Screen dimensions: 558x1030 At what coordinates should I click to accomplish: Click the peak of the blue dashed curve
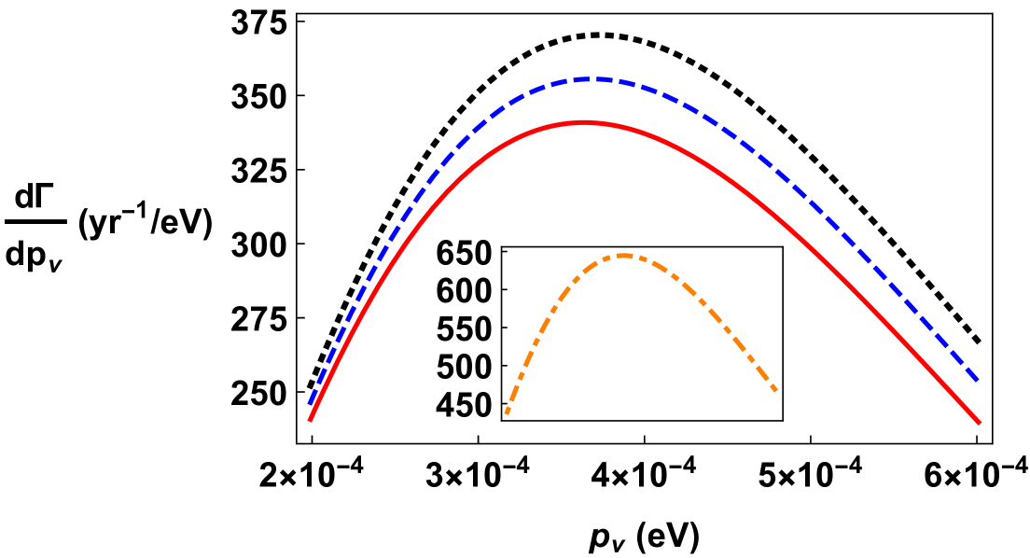click(590, 78)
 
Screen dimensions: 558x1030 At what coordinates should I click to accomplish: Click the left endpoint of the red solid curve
click(310, 421)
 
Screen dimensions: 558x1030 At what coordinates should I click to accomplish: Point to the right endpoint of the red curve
click(980, 423)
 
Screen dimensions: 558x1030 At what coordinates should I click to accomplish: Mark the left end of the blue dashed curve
click(310, 403)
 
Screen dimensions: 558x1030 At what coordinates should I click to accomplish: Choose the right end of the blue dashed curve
click(978, 381)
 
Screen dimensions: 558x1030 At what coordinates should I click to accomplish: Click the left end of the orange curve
click(507, 412)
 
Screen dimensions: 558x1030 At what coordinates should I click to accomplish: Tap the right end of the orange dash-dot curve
click(775, 390)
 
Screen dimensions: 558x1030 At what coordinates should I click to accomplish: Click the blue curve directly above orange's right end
click(775, 173)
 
